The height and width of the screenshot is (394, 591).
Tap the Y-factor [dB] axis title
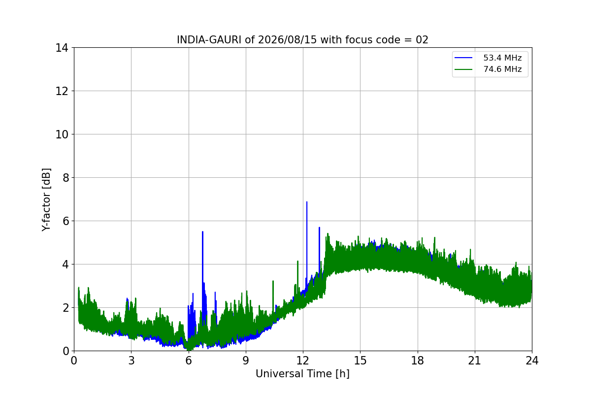46,200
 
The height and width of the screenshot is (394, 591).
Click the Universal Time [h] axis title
302,374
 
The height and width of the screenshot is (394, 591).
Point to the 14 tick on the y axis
62,48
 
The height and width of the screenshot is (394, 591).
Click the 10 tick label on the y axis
62,134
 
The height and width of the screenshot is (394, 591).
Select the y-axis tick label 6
66,221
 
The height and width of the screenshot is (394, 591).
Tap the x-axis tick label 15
360,361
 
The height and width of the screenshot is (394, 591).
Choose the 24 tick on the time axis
532,361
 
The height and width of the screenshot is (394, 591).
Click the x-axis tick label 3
131,361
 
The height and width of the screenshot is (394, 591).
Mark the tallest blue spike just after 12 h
306,202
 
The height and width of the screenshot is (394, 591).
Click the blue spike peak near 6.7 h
202,231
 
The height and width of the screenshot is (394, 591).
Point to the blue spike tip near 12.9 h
319,228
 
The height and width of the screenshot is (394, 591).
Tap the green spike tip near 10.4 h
273,281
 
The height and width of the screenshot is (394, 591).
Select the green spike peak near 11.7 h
297,261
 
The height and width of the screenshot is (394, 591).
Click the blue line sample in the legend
463,58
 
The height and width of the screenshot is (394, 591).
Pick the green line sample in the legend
463,69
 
